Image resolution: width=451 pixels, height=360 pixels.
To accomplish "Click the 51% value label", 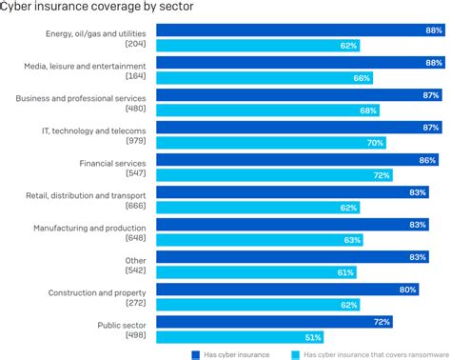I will [x=312, y=336].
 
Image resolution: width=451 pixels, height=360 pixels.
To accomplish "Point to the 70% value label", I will [x=374, y=143].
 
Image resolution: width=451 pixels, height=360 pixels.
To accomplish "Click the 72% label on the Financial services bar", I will [x=381, y=175].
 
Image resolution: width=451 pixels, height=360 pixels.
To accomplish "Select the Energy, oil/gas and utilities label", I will [x=96, y=33].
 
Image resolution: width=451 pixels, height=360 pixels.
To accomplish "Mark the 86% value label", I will [x=429, y=160].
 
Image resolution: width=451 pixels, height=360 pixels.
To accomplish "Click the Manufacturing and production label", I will [x=89, y=228].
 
